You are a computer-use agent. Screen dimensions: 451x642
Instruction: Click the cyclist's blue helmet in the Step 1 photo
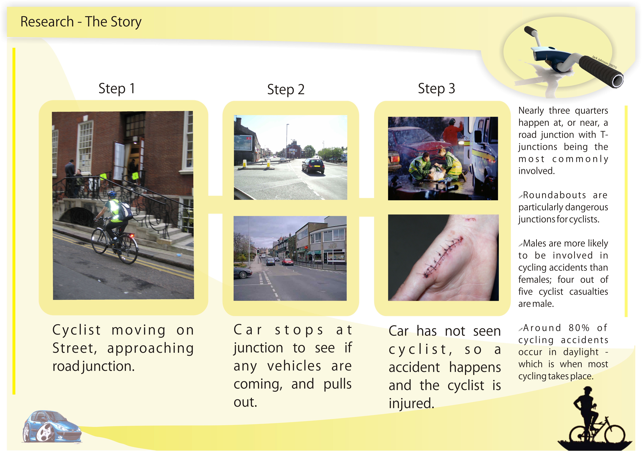pyautogui.click(x=112, y=194)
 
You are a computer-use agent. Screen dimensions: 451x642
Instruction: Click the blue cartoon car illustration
pyautogui.click(x=52, y=426)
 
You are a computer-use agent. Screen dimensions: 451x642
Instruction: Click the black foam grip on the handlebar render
pyautogui.click(x=601, y=70)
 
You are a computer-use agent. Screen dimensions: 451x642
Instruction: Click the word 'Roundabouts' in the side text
pyautogui.click(x=555, y=195)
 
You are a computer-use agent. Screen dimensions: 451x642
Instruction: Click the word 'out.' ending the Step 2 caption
pyautogui.click(x=245, y=402)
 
